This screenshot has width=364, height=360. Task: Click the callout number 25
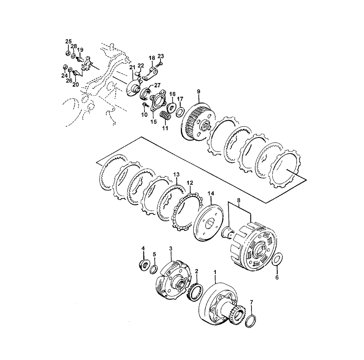(x=68, y=41)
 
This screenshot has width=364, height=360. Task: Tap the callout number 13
(x=176, y=174)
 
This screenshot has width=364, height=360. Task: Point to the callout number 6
(x=277, y=277)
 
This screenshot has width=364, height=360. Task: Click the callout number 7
(x=252, y=302)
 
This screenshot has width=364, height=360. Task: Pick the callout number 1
(x=215, y=271)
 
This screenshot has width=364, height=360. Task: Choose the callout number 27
(x=157, y=85)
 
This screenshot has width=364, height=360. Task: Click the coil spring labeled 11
(x=165, y=115)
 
